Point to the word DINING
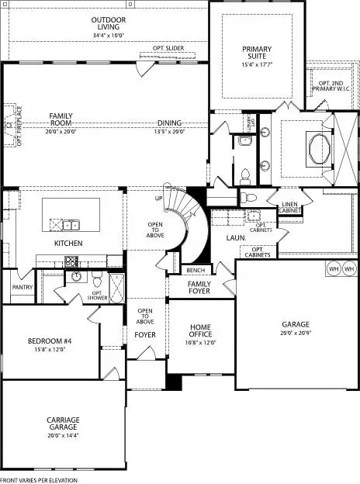point(169,123)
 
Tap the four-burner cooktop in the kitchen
point(72,262)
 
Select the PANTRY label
point(21,286)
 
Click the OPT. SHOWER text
point(97,296)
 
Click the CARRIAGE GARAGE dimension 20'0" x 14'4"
point(63,436)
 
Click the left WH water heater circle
point(334,269)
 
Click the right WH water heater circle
point(349,269)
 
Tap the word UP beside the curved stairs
point(160,199)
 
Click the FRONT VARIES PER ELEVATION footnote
point(39,480)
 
